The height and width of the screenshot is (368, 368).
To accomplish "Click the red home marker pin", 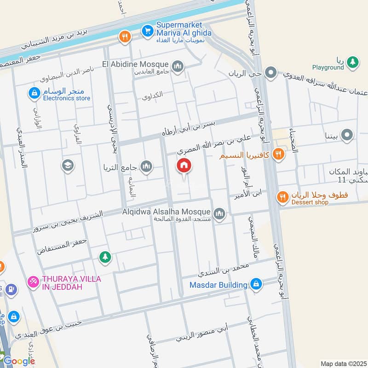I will pyautogui.click(x=184, y=166).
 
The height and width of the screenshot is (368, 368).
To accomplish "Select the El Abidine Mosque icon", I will pyautogui.click(x=178, y=67).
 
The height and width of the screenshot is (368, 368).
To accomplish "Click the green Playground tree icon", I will pyautogui.click(x=352, y=62).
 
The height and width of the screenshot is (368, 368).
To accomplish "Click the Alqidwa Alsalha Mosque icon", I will pyautogui.click(x=219, y=213).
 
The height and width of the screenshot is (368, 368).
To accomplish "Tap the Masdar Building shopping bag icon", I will pyautogui.click(x=257, y=284).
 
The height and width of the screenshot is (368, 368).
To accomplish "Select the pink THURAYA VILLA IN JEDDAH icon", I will pyautogui.click(x=33, y=281).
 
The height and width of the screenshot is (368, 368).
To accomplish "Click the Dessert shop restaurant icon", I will pyautogui.click(x=283, y=197).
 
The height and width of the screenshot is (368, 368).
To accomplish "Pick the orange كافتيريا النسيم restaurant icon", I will pyautogui.click(x=278, y=154).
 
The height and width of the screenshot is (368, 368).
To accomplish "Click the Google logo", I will pyautogui.click(x=19, y=361).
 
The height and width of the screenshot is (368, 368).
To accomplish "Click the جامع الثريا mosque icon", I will pyautogui.click(x=146, y=167).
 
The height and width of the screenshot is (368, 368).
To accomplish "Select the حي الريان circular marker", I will pyautogui.click(x=271, y=72).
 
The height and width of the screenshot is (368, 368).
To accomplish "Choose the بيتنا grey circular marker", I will pyautogui.click(x=348, y=135).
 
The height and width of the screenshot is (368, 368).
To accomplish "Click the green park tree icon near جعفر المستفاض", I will pyautogui.click(x=105, y=257).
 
